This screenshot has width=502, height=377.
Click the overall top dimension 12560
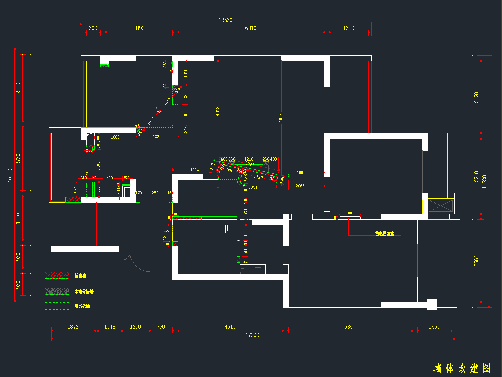pos(225,20)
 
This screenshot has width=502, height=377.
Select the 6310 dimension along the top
pos(251,28)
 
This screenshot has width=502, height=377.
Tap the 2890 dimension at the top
pos(139,28)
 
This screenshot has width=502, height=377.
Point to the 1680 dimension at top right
pos(348,28)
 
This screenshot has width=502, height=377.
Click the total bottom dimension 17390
pos(252,335)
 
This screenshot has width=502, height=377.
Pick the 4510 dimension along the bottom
pos(230,327)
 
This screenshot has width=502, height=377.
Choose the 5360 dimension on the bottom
pos(350,327)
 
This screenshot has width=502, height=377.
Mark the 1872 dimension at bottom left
pos(73,327)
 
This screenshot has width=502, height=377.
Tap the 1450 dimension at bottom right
pos(434,327)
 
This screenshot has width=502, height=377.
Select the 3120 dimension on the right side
pos(476,97)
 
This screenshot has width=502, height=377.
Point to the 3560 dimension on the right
pos(476,261)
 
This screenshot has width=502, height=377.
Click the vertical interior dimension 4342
pos(217,112)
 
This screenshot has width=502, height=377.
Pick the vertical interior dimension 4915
pos(281,118)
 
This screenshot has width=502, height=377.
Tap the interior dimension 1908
pos(194,170)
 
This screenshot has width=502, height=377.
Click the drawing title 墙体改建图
pos(462,368)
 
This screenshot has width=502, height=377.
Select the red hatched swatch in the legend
pos(57,275)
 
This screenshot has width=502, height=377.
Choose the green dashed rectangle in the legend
pos(57,306)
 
